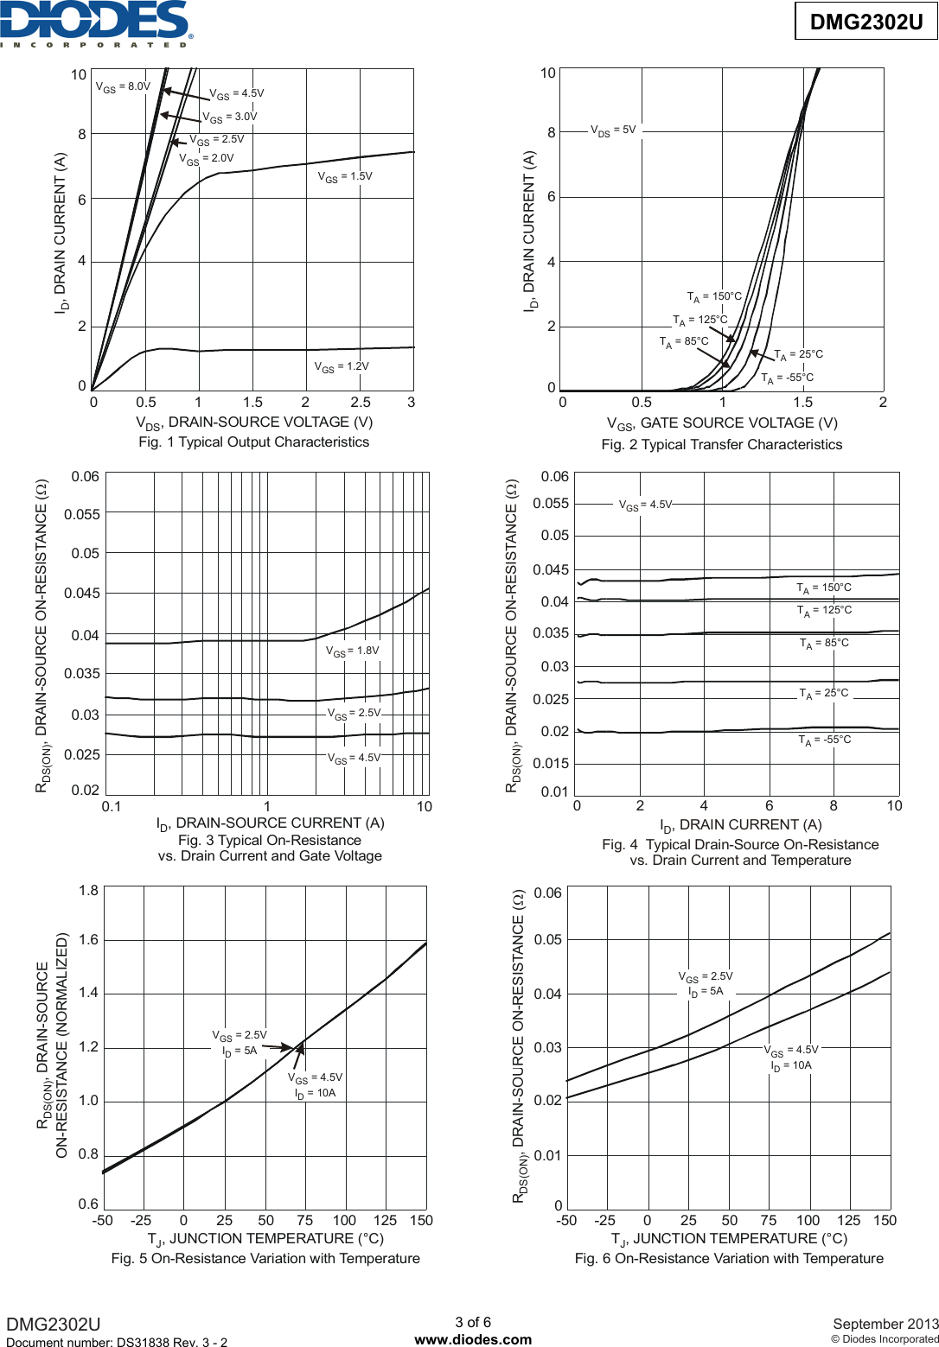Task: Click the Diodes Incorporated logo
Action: click(95, 23)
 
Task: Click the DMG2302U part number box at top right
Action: click(866, 22)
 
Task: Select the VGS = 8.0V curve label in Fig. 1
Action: click(123, 87)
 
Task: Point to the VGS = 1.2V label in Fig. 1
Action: click(342, 366)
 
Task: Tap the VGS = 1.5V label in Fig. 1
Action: click(345, 176)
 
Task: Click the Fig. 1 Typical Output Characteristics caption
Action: click(253, 442)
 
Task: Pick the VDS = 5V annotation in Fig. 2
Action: click(613, 130)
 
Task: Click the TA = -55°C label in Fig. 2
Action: click(787, 378)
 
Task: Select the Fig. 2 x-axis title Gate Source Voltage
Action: click(722, 423)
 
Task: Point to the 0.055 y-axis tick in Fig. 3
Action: click(82, 515)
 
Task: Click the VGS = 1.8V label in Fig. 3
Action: click(352, 651)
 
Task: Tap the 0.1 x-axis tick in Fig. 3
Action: click(112, 807)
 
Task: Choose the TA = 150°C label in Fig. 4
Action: click(824, 588)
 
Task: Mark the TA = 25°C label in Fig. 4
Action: click(824, 693)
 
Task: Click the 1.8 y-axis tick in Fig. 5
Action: click(88, 891)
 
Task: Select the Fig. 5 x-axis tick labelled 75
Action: click(305, 1221)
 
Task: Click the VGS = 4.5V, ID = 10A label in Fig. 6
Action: click(791, 1058)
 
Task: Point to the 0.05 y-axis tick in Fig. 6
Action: click(548, 940)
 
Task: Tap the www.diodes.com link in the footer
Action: click(473, 1339)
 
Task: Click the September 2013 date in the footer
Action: click(885, 1324)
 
